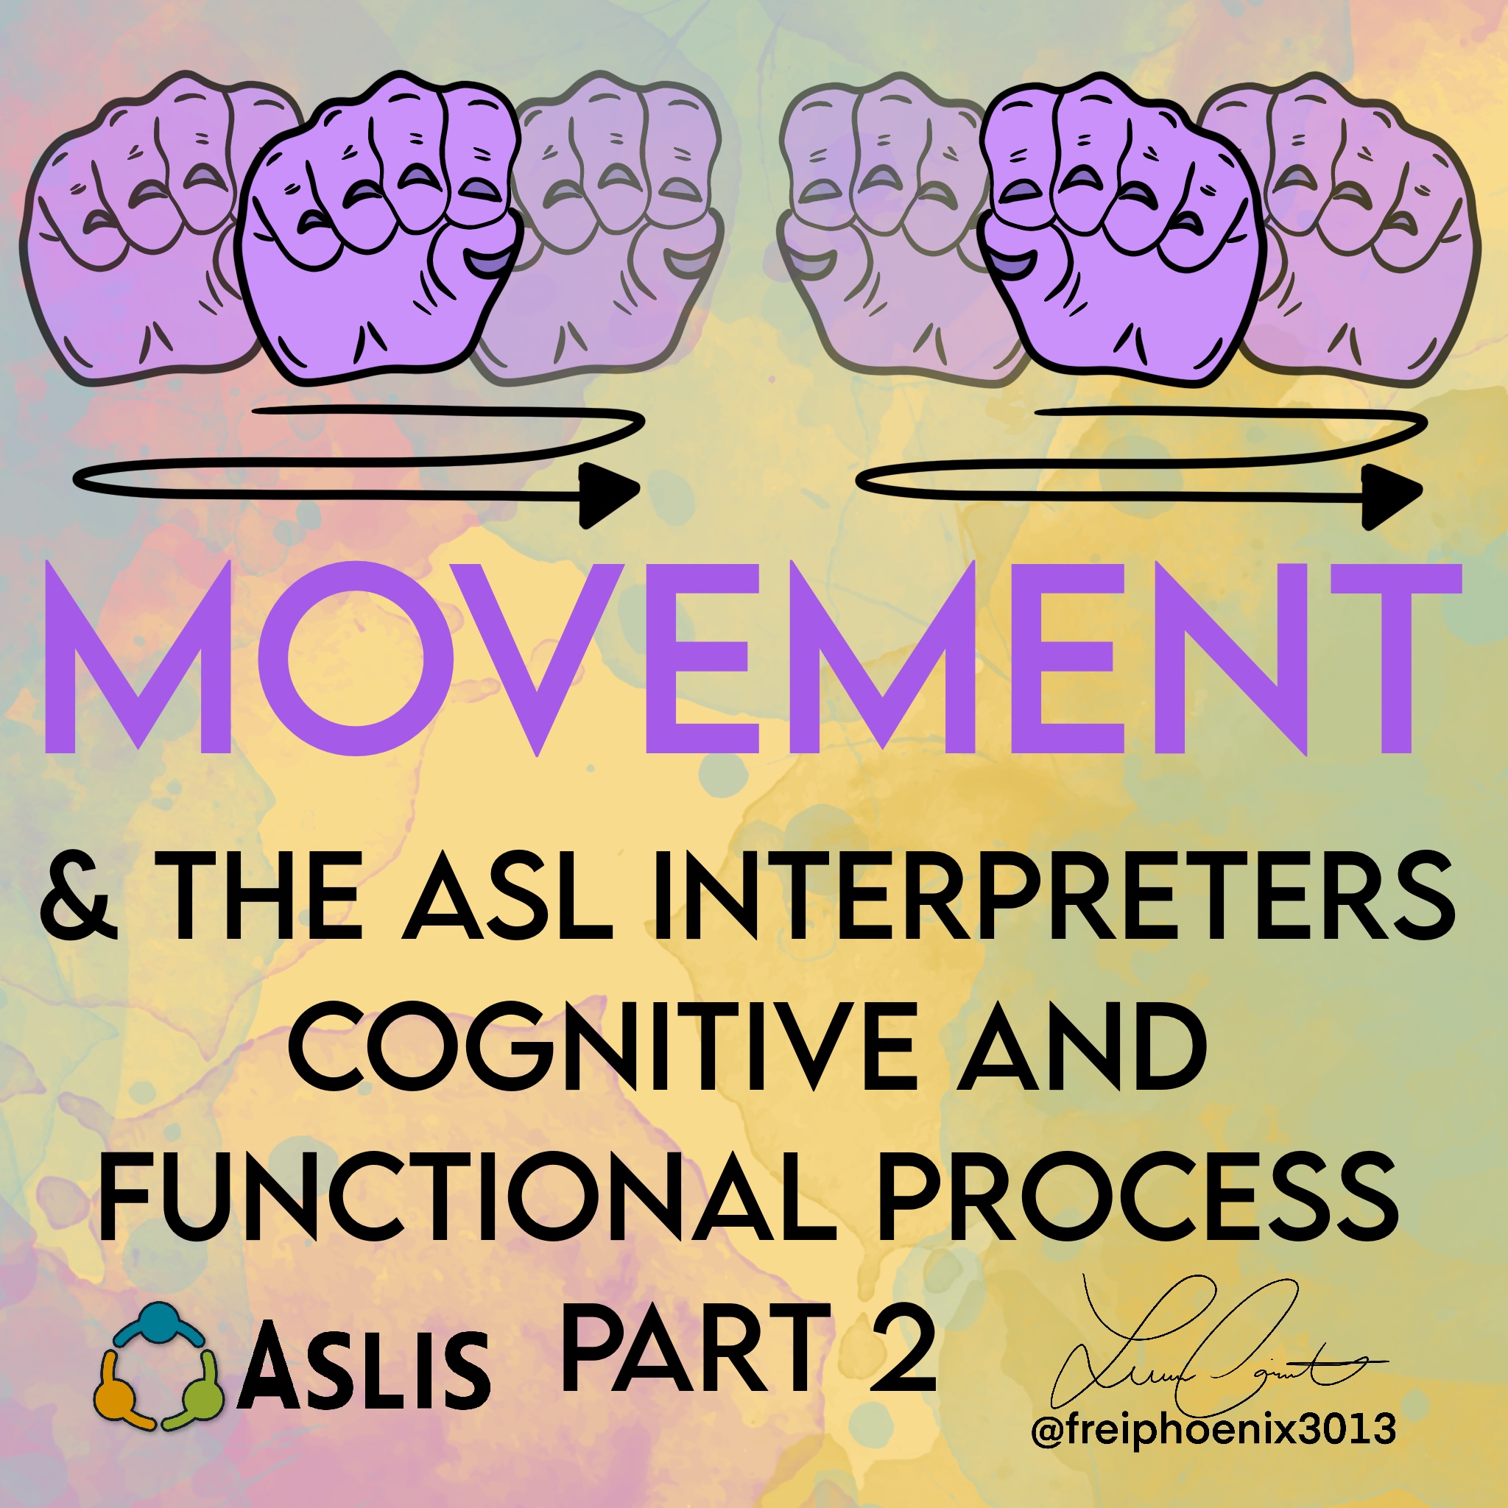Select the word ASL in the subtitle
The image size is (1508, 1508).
(507, 898)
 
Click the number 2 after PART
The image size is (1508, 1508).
(902, 1350)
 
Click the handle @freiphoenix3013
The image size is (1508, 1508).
(1213, 1430)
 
